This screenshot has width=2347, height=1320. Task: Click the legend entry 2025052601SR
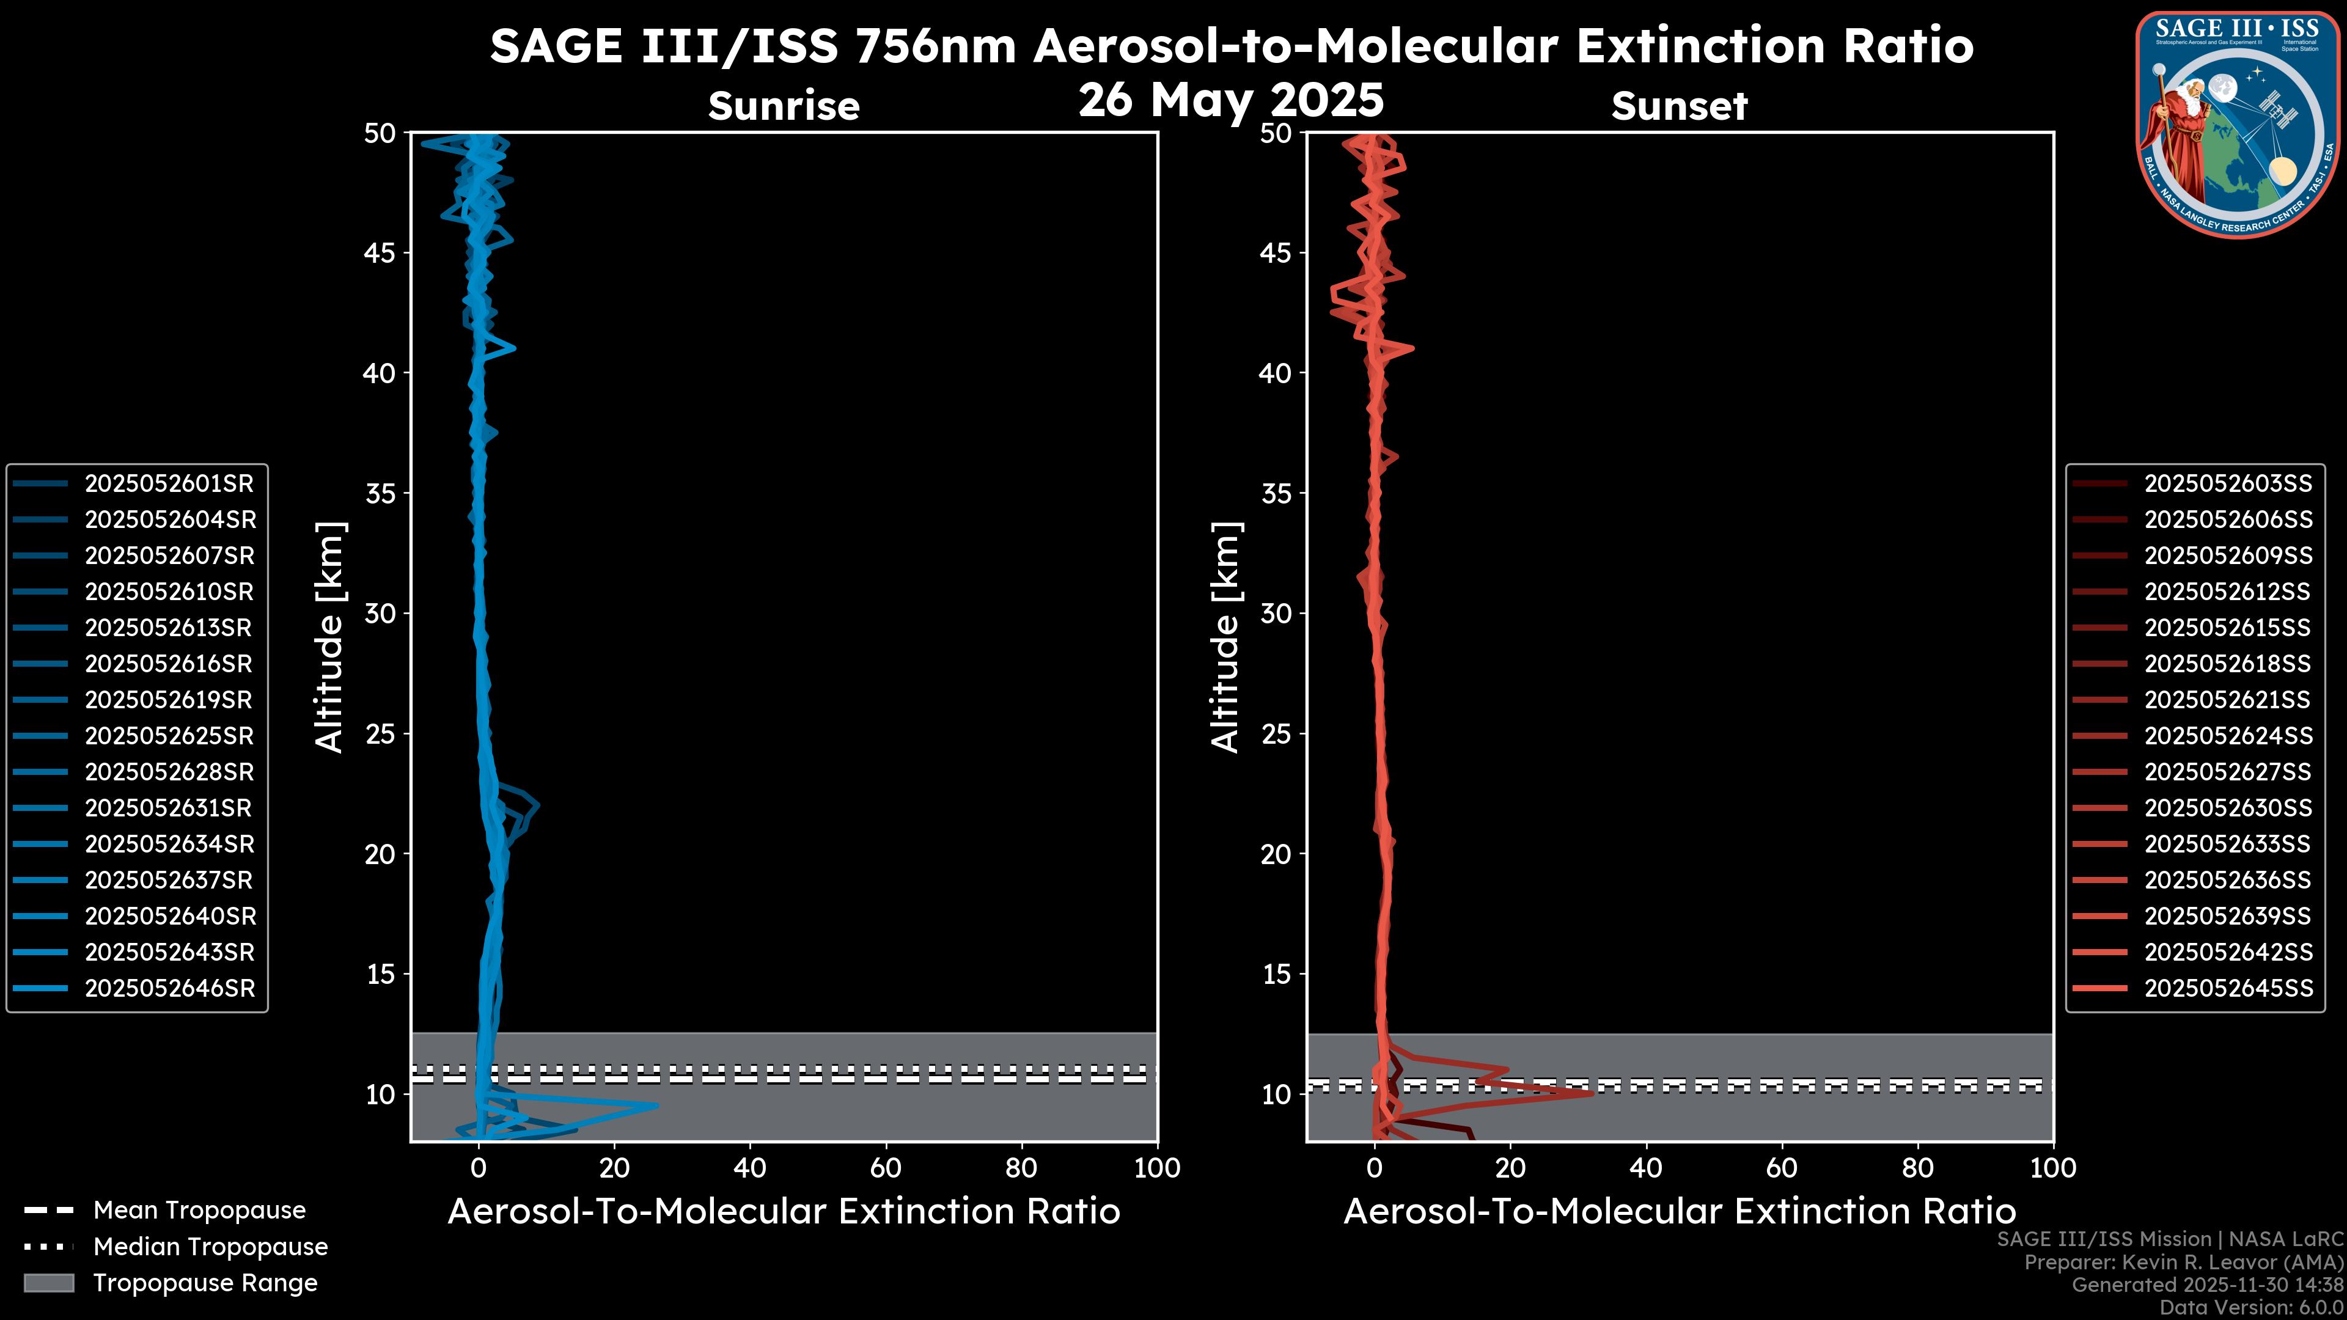[169, 484]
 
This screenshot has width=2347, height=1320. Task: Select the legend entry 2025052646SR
[169, 988]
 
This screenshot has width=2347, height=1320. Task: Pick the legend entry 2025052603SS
[2228, 484]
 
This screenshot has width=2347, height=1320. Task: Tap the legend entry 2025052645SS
[2228, 988]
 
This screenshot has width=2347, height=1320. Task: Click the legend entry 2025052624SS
[2228, 736]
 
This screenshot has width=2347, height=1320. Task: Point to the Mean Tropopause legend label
[199, 1211]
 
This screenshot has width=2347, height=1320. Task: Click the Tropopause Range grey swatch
[49, 1283]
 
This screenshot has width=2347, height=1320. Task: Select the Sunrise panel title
[784, 106]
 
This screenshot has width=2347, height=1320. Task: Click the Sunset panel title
[1679, 106]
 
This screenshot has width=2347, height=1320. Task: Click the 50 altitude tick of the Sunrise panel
[380, 134]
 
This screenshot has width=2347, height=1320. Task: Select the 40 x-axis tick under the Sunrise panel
[750, 1168]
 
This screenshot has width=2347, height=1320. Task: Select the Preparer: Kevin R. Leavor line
[2183, 1263]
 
